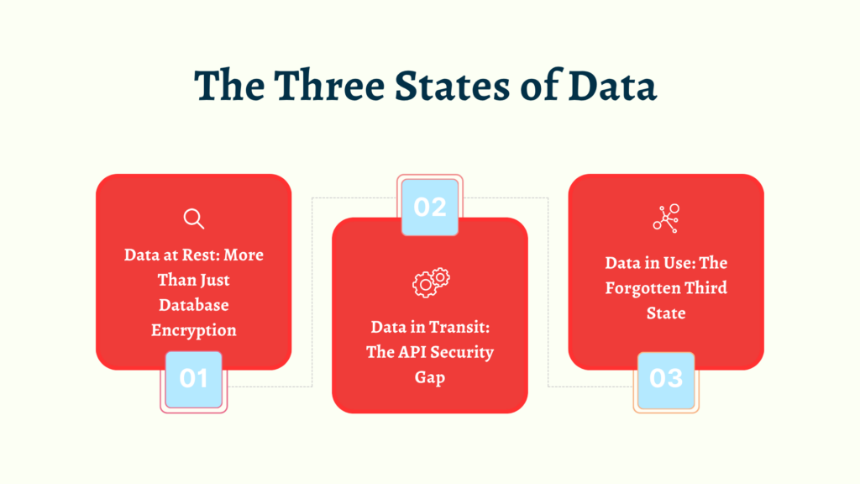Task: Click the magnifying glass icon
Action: [x=194, y=219]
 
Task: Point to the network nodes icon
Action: [x=666, y=218]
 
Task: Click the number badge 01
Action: [x=193, y=378]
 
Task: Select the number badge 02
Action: [x=430, y=207]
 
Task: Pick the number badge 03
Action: [x=666, y=378]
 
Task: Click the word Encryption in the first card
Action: [x=194, y=330]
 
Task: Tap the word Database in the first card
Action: [x=194, y=305]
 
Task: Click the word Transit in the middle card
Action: [x=459, y=327]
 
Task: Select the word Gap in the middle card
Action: [x=430, y=377]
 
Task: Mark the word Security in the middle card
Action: [x=462, y=352]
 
